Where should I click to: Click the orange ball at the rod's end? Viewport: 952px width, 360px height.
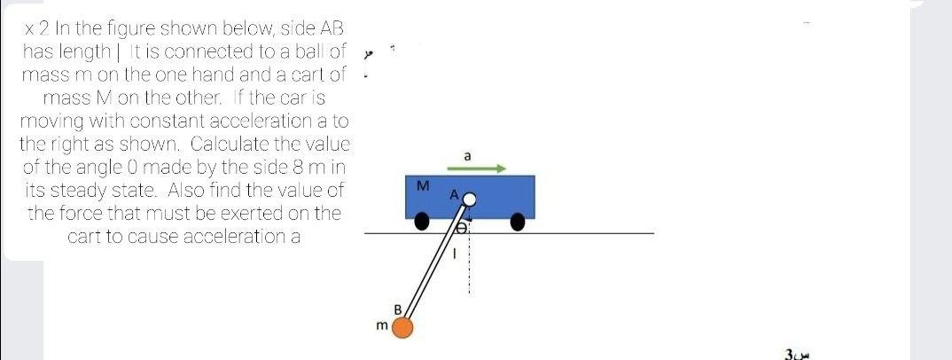point(403,328)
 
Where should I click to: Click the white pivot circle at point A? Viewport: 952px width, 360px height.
point(470,200)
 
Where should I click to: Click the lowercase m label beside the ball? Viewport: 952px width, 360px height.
point(381,327)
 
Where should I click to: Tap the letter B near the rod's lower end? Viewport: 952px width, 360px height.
point(398,309)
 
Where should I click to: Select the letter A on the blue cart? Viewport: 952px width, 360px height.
point(454,194)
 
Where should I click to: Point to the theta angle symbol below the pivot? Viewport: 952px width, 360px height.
point(460,229)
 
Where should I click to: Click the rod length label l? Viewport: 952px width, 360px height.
point(454,253)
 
